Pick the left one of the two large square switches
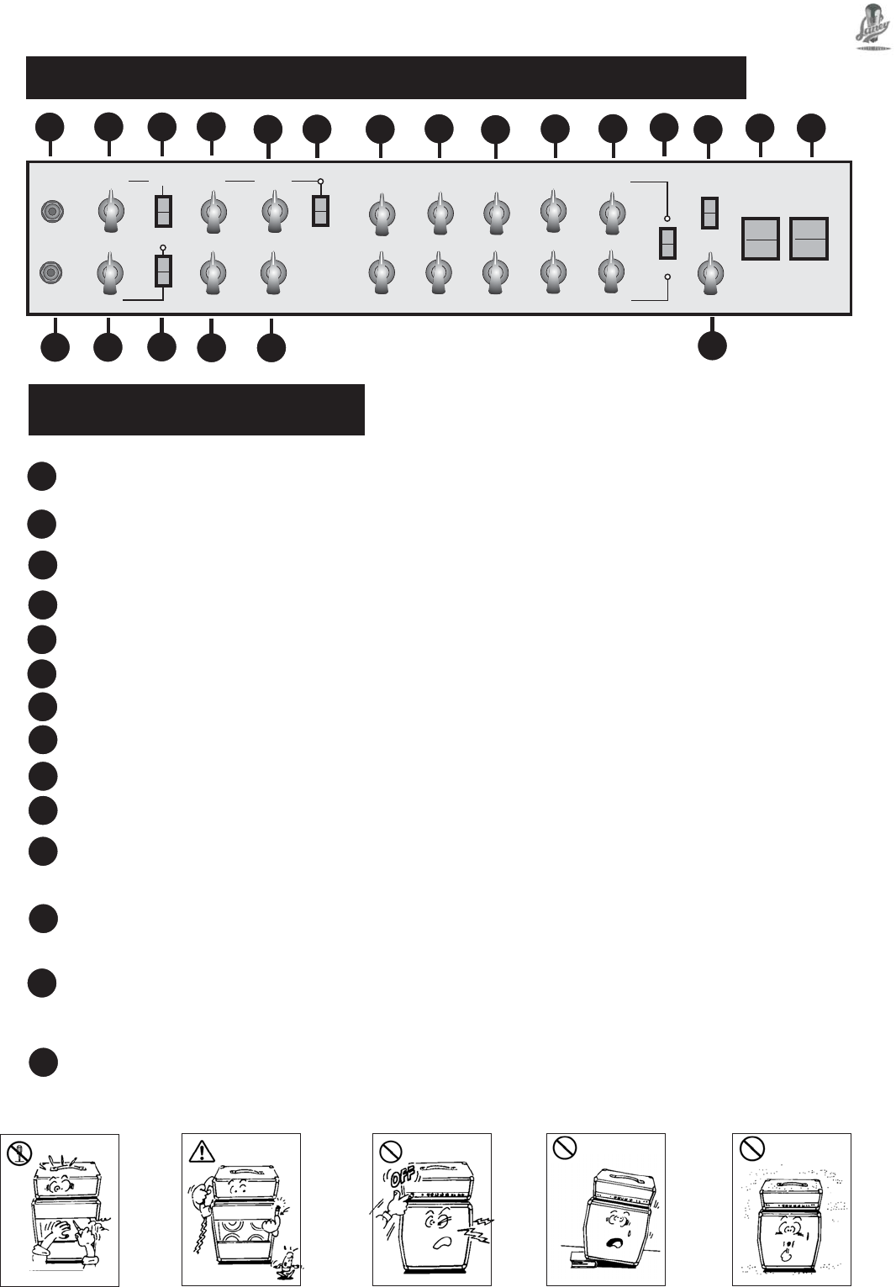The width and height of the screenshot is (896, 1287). click(x=760, y=239)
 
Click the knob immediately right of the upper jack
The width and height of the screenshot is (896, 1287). click(x=110, y=210)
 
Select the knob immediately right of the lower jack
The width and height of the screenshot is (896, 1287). click(x=109, y=274)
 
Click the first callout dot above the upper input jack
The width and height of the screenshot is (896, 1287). click(x=50, y=129)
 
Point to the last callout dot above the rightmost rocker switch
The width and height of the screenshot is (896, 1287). click(x=811, y=128)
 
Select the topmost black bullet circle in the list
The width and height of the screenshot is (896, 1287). click(x=41, y=477)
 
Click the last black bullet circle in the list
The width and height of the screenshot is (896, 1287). click(x=43, y=1063)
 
